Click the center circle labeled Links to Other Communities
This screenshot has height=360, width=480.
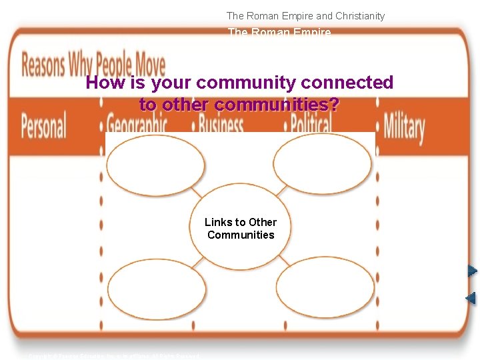tap(241, 229)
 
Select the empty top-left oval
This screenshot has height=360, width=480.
tap(156, 165)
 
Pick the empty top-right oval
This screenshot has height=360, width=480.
tap(323, 164)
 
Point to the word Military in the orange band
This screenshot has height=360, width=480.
tap(404, 126)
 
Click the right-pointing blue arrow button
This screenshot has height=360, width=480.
tap(472, 271)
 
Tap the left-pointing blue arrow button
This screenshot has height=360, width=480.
tap(471, 298)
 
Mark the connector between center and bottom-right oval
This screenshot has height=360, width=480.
tap(283, 260)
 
